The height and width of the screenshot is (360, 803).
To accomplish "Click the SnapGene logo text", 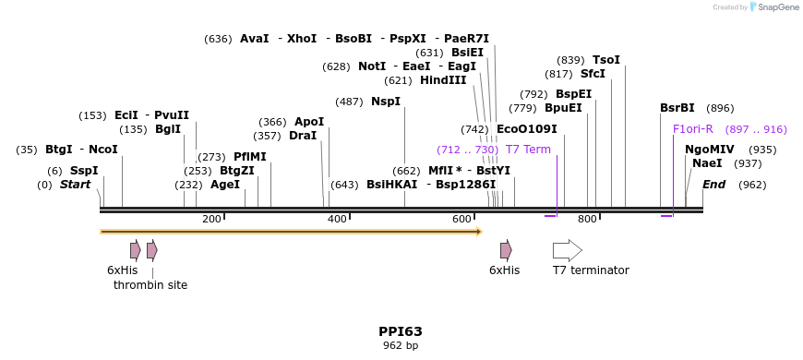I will (x=774, y=7).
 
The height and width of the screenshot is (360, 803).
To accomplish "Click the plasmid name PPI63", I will (x=401, y=331).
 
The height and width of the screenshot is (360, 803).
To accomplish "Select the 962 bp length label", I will (x=401, y=346).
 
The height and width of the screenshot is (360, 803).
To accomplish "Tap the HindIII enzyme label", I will (x=443, y=80).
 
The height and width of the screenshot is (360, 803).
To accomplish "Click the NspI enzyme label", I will (x=386, y=102).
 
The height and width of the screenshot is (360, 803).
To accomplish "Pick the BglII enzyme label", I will (x=168, y=129).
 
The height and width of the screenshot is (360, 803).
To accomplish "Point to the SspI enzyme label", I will (x=84, y=171).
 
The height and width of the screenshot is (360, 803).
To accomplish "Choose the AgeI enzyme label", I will (x=225, y=185).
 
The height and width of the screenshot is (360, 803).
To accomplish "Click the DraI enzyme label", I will (x=303, y=136).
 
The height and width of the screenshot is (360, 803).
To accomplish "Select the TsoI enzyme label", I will (x=606, y=60).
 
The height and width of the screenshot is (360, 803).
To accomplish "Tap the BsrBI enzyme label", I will (x=677, y=108).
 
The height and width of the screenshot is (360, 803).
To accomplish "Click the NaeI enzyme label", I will (x=707, y=163).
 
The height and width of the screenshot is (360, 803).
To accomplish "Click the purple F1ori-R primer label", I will (x=693, y=129).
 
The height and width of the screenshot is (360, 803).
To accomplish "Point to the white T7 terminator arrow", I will (x=567, y=250).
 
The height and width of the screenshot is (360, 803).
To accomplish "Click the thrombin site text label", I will (x=150, y=285).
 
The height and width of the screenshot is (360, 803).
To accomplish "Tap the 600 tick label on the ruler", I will (x=461, y=219).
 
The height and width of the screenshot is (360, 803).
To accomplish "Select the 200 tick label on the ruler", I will (x=211, y=219).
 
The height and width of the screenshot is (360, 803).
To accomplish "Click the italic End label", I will (x=713, y=185).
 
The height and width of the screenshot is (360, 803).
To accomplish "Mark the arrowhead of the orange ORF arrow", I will (x=479, y=231).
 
